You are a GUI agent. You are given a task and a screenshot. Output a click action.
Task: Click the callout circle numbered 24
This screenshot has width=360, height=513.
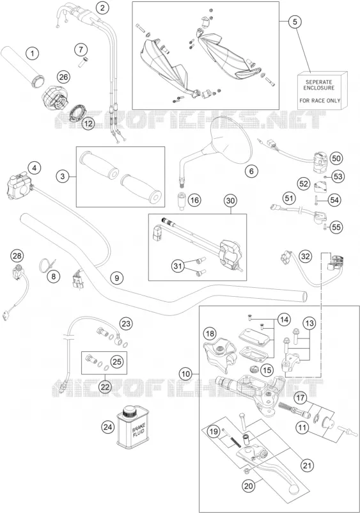pyautogui.click(x=108, y=427)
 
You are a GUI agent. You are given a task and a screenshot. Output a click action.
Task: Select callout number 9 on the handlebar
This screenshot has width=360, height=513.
pyautogui.click(x=117, y=278)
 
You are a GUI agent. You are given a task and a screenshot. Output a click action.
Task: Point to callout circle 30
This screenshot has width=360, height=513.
pyautogui.click(x=231, y=201)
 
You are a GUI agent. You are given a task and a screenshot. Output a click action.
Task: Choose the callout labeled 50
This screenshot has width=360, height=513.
pyautogui.click(x=336, y=159)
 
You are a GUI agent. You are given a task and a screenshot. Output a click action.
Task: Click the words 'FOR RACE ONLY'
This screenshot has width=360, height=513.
pyautogui.click(x=320, y=101)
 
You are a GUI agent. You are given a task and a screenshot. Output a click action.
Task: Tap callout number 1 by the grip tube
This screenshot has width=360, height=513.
pyautogui.click(x=32, y=53)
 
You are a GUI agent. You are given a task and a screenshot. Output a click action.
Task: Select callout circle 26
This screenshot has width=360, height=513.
pyautogui.click(x=63, y=77)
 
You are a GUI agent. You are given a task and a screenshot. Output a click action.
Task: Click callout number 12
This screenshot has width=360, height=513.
pyautogui.click(x=88, y=123)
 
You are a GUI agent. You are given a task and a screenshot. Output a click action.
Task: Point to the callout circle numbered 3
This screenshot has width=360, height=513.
pyautogui.click(x=63, y=177)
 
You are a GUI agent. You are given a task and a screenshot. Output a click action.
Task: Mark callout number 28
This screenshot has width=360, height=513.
pyautogui.click(x=17, y=255)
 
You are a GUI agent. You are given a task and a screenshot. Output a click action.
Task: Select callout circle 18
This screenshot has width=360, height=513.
pyautogui.click(x=210, y=334)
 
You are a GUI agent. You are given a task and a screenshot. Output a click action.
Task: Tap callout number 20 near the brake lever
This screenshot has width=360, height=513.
pyautogui.click(x=249, y=486)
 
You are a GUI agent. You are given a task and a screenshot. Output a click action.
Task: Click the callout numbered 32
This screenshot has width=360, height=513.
pyautogui.click(x=305, y=256)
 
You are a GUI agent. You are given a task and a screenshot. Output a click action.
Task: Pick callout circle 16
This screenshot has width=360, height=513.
pyautogui.click(x=194, y=200)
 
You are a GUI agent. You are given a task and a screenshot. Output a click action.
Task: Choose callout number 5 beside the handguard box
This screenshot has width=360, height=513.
pyautogui.click(x=295, y=22)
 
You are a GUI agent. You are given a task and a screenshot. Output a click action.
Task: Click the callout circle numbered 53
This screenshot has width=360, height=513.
pyautogui.click(x=338, y=177)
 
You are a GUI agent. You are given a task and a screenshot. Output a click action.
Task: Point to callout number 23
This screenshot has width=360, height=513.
pyautogui.click(x=126, y=324)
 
